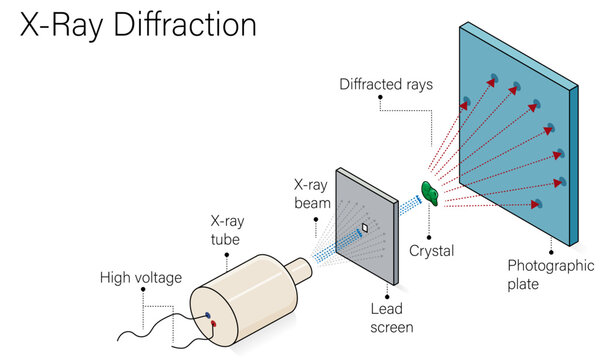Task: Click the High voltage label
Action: tap(140, 277)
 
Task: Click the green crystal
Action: tap(432, 193)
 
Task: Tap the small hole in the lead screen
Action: tap(366, 228)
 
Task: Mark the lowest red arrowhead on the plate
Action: tap(536, 205)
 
